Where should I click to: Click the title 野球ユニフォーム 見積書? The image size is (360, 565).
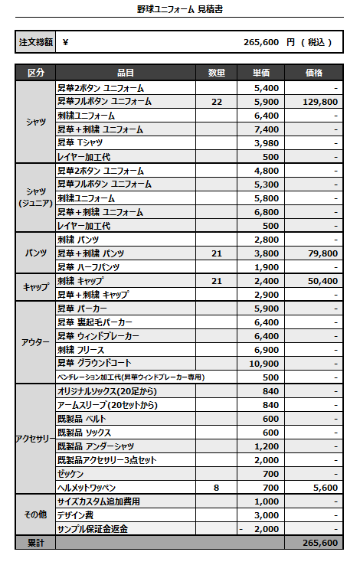click(180, 10)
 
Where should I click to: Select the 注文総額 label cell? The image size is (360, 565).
click(36, 43)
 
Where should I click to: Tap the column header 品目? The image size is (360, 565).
click(126, 73)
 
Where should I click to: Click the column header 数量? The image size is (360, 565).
click(217, 73)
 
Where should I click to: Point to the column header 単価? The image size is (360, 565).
click(261, 73)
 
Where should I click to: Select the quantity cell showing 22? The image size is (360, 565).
click(217, 101)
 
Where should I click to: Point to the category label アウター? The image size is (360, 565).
click(36, 342)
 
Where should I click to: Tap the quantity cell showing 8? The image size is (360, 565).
click(217, 487)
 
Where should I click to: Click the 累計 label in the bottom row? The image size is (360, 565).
click(36, 543)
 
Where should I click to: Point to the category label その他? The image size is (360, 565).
click(36, 515)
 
